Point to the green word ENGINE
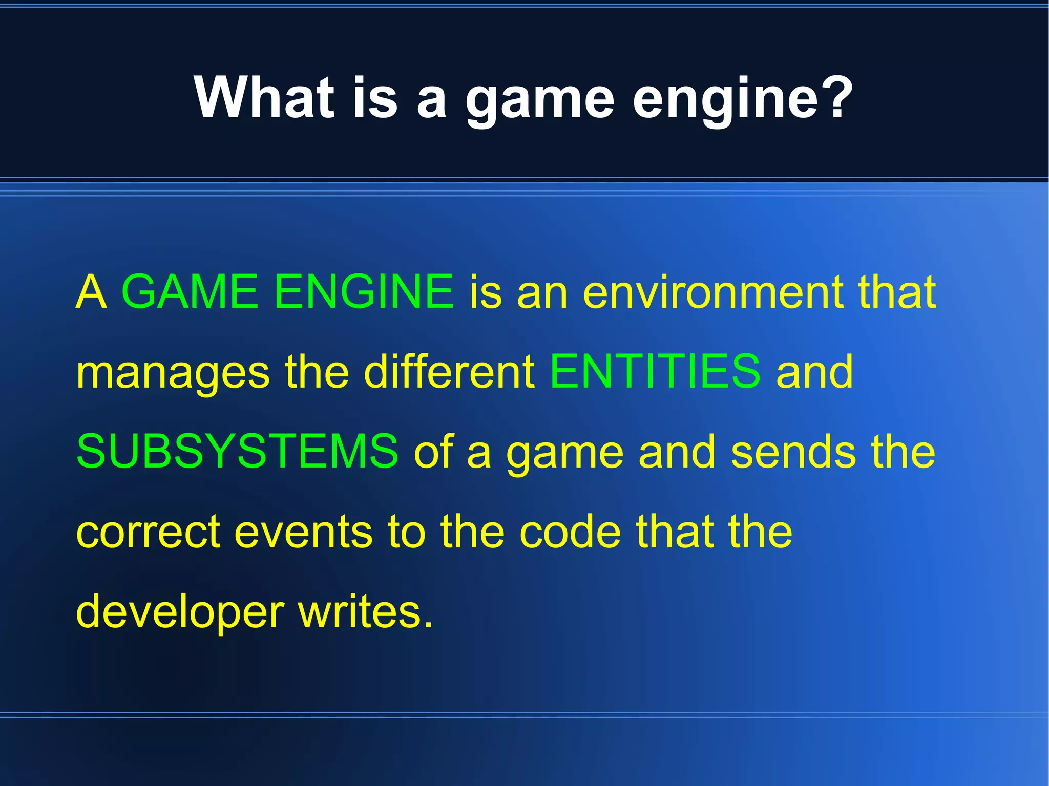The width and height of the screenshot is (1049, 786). pyautogui.click(x=364, y=292)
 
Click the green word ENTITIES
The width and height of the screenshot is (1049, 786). pyautogui.click(x=655, y=371)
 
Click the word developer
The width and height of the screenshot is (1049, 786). pyautogui.click(x=180, y=613)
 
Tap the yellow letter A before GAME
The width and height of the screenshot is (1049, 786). pyautogui.click(x=91, y=292)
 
